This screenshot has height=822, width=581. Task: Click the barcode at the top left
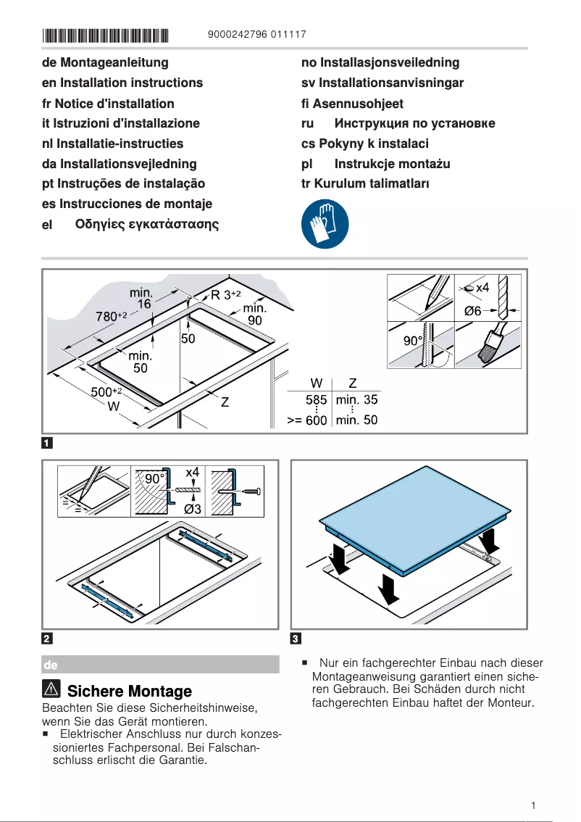point(105,34)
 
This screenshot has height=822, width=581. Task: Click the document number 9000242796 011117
point(256,34)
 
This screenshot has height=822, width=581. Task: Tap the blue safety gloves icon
point(324,225)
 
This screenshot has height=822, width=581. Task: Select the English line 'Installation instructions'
point(122,83)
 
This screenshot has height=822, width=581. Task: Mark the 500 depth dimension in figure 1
point(105,392)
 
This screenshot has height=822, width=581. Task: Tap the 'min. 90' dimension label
point(254,314)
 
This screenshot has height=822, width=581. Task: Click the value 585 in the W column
point(316,399)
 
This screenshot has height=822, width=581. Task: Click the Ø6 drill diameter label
point(473,310)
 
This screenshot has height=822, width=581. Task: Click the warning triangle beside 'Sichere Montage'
point(52,690)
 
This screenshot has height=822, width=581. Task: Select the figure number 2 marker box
point(46,639)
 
